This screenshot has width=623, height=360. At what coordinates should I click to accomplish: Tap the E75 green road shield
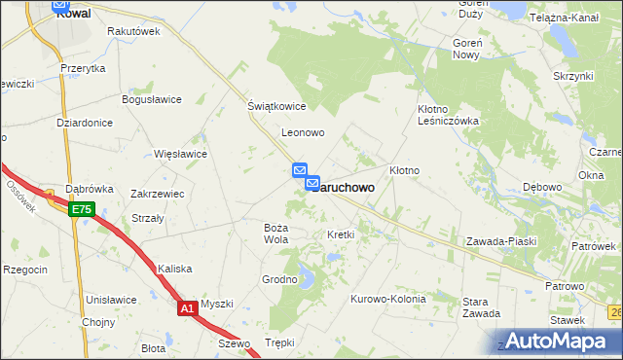click(82, 208)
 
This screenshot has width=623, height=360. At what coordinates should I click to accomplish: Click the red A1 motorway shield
click(188, 308)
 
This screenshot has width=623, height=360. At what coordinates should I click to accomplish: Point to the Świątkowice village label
click(276, 107)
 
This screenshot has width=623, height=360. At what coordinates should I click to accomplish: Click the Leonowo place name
click(302, 132)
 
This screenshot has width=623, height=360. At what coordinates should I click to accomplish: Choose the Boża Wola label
click(276, 233)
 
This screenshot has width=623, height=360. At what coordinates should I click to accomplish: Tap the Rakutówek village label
click(133, 31)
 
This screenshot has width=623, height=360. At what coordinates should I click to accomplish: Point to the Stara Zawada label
click(481, 307)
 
